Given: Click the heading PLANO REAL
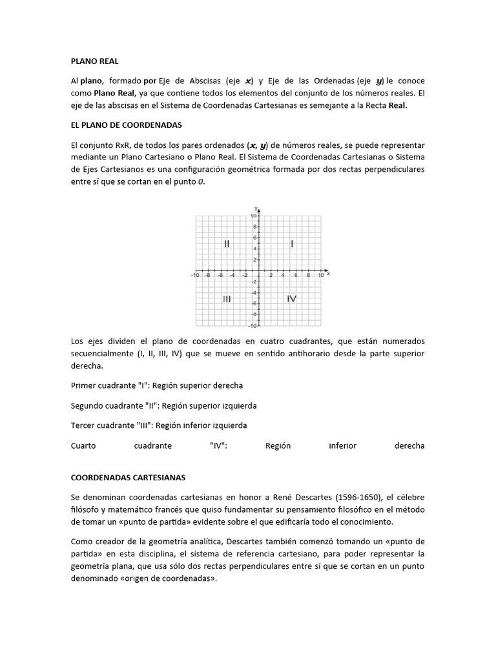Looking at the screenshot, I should pyautogui.click(x=95, y=61).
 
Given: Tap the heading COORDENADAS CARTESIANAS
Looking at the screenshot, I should pyautogui.click(x=128, y=478).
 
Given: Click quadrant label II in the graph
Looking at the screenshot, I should pyautogui.click(x=227, y=244).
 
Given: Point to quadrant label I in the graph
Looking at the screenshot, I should pyautogui.click(x=292, y=244).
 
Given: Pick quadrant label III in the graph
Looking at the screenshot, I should pyautogui.click(x=227, y=299).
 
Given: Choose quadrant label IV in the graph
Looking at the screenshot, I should pyautogui.click(x=292, y=299).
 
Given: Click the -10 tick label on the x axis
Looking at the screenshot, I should pyautogui.click(x=194, y=276).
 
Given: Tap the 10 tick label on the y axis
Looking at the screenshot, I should pyautogui.click(x=254, y=216).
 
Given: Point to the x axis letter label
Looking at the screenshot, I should pyautogui.click(x=329, y=274).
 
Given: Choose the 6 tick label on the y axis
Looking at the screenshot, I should pyautogui.click(x=255, y=238).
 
